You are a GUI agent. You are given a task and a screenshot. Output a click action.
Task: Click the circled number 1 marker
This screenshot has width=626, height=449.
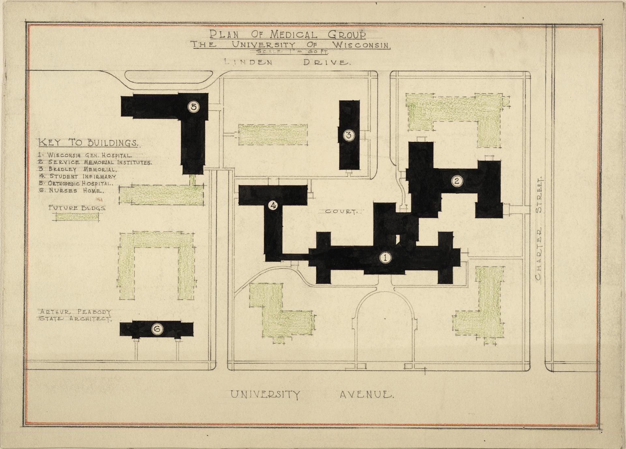(x=385, y=258)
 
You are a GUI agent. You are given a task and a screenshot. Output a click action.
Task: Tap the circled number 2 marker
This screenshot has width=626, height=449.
(x=457, y=181)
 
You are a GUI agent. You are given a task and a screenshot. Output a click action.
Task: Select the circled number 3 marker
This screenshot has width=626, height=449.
(x=349, y=135)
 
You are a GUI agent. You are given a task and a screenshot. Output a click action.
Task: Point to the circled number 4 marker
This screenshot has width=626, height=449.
(x=273, y=205)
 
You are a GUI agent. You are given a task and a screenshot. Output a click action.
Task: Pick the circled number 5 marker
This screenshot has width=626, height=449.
(x=194, y=107)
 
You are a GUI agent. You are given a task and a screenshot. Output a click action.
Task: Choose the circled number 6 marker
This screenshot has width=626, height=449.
(x=157, y=329)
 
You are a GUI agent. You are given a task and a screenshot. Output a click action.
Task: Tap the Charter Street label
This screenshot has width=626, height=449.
(x=538, y=229)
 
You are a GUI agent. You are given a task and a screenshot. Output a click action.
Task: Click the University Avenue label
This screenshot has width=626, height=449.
(x=312, y=395)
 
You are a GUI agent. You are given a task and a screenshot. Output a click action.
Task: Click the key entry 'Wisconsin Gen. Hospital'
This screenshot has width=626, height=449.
(x=85, y=156)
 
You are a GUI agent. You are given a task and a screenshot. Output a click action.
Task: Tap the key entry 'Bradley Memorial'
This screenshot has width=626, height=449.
(x=77, y=170)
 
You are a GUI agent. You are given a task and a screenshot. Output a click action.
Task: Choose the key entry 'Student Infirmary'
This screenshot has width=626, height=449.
(x=77, y=177)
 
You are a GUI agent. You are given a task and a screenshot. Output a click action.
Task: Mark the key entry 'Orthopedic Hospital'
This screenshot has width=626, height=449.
(x=76, y=184)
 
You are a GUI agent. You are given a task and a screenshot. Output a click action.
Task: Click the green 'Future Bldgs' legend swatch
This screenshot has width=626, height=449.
(x=77, y=217)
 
